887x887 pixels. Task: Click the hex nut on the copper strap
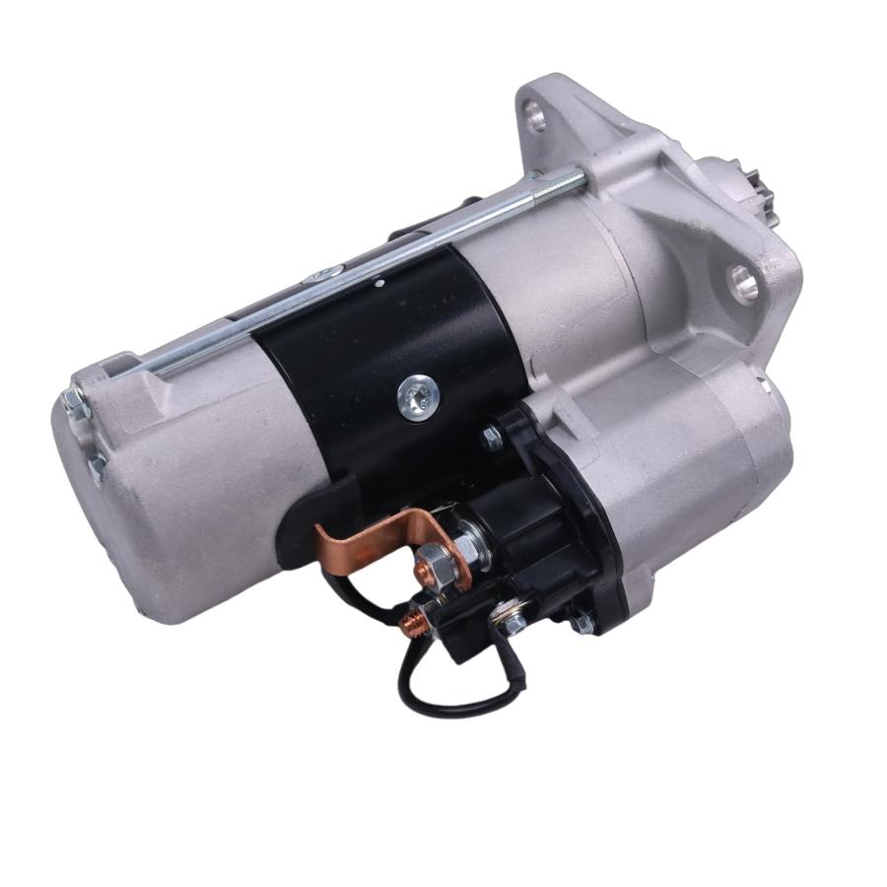coord(433,566)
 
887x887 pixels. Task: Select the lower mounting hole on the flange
coord(744,283)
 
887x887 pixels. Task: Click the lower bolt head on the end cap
coord(97,466)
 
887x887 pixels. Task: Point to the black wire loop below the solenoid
coord(453,690)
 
